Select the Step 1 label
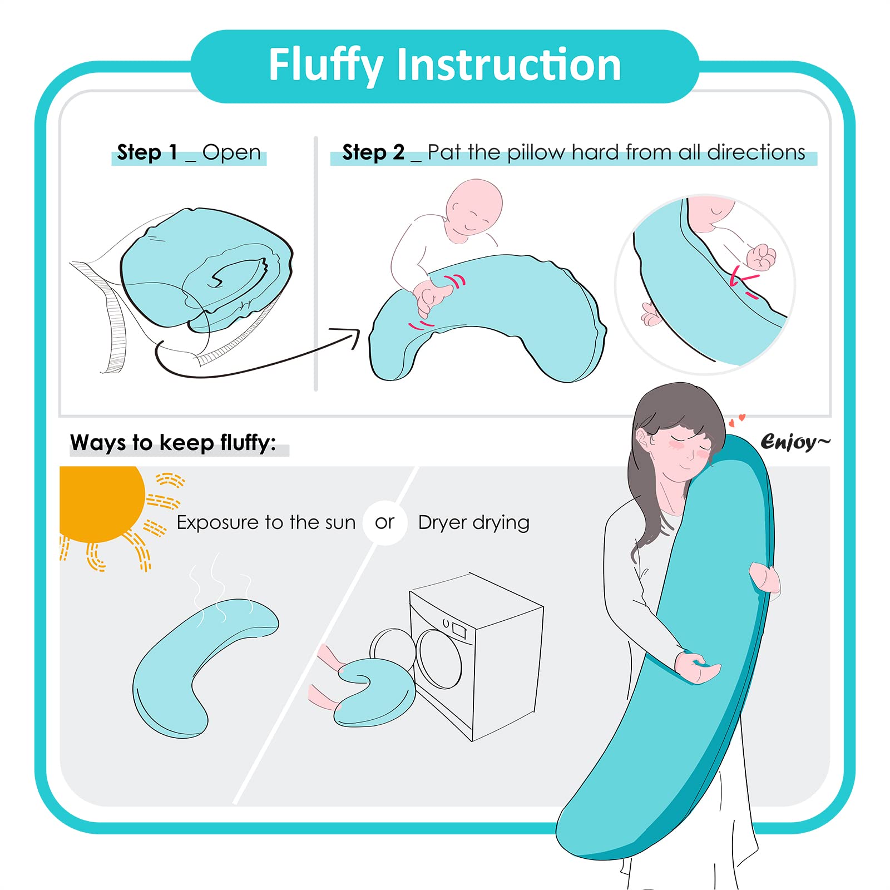pos(147,152)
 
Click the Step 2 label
pos(373,152)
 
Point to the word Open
pos(231,153)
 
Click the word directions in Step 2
pos(756,152)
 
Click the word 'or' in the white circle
pos(384,522)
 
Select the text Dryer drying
pos(474,523)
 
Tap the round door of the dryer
pos(439,659)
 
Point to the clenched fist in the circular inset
pos(761,258)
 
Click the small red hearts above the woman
pos(736,420)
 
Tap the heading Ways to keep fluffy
pos(173,443)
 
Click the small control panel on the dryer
pos(459,630)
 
